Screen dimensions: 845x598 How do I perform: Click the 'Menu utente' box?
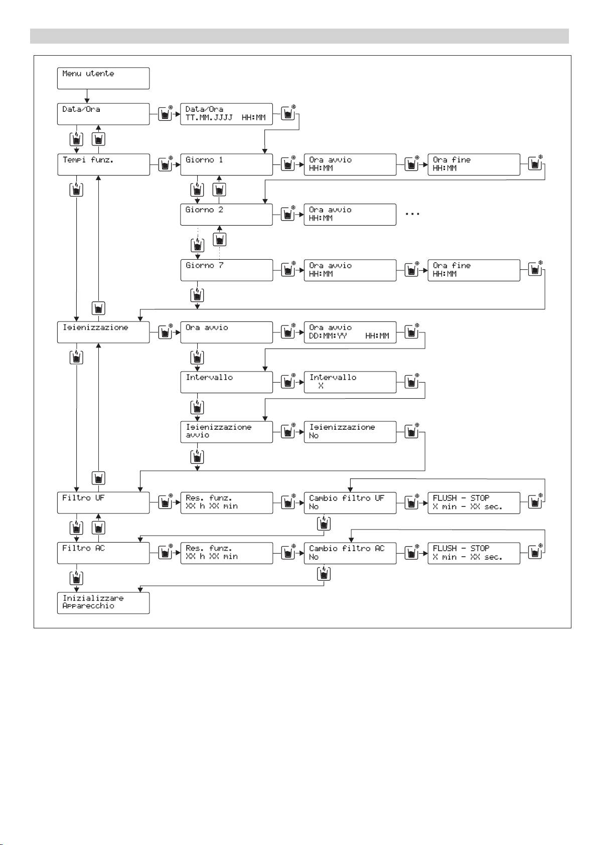[103, 78]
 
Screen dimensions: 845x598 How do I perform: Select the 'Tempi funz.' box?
[103, 164]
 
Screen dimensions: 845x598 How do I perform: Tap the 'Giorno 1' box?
[226, 164]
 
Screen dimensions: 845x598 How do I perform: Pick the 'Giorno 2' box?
[226, 215]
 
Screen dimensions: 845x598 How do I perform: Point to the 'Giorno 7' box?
[226, 270]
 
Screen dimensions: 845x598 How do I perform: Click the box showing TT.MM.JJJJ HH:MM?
[226, 114]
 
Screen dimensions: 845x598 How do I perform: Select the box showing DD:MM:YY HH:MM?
[350, 332]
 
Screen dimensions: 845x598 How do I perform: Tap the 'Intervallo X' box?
[350, 382]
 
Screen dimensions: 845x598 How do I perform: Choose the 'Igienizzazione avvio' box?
[226, 432]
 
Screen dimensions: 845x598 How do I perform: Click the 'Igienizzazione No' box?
[350, 432]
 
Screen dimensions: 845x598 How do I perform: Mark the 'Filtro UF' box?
[103, 502]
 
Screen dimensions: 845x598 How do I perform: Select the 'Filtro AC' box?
[103, 553]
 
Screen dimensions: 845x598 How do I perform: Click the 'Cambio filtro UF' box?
[350, 502]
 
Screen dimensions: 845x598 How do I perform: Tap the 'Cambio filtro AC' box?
[350, 553]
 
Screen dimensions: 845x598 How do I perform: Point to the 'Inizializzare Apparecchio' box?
[103, 603]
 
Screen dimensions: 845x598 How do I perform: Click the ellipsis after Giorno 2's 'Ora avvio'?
[412, 214]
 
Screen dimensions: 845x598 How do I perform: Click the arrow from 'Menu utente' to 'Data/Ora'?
[87, 96]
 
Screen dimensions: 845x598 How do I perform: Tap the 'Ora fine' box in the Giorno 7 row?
[474, 270]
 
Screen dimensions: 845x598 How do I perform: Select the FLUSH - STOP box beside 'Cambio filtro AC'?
[474, 553]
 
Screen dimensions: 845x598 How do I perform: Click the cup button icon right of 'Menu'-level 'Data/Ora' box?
[165, 114]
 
